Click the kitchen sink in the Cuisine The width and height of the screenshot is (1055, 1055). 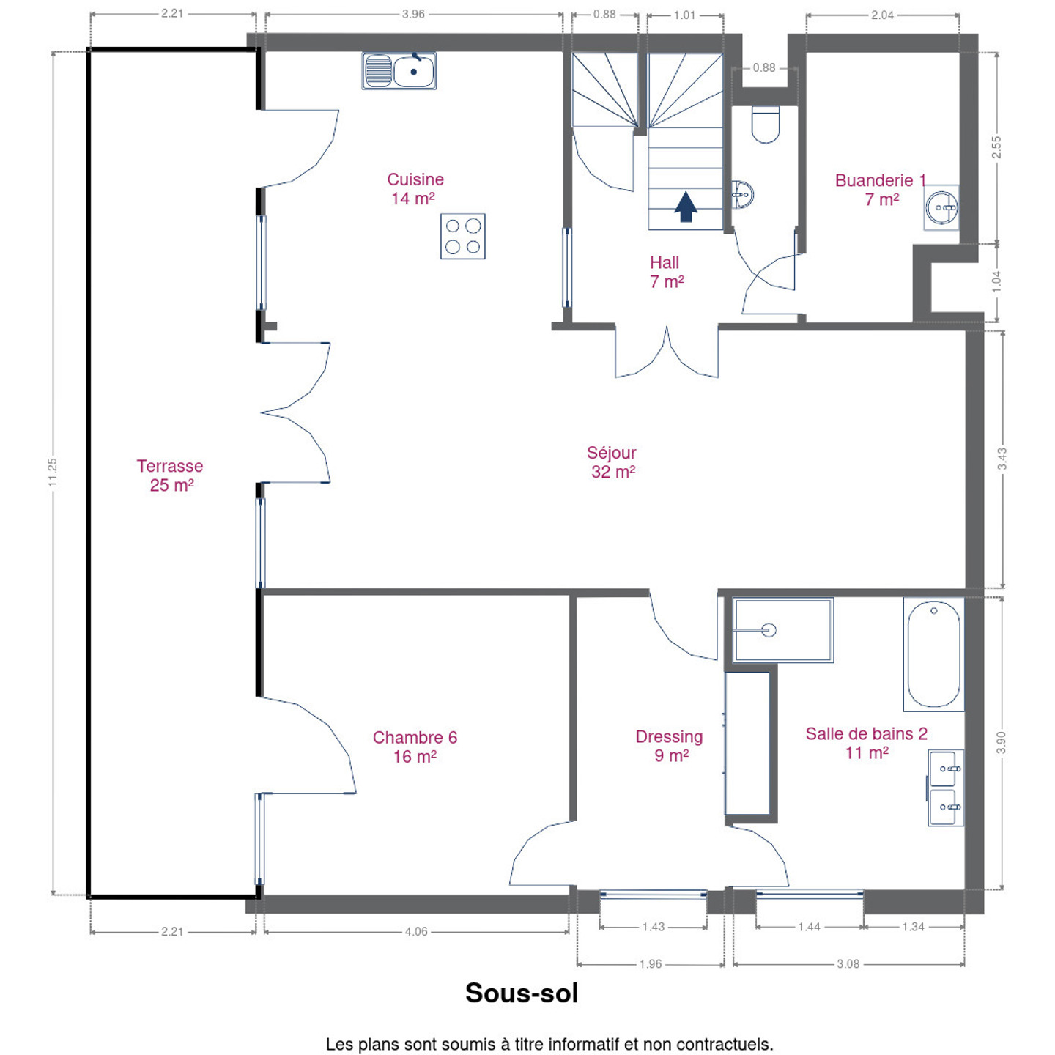click(x=399, y=70)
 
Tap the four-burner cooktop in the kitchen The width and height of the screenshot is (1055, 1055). click(x=462, y=236)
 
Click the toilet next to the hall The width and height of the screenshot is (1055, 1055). click(x=766, y=125)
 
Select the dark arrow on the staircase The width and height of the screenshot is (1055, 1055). click(x=686, y=207)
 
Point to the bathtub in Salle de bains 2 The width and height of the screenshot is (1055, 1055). click(x=933, y=654)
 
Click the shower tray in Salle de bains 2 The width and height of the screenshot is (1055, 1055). click(x=783, y=630)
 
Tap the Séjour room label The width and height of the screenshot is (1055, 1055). click(x=612, y=462)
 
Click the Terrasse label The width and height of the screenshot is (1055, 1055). click(x=170, y=475)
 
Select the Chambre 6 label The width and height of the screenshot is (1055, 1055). click(x=415, y=747)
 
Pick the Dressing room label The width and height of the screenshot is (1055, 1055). click(x=669, y=746)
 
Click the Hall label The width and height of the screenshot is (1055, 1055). click(x=666, y=272)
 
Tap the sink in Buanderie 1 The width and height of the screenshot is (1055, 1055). click(x=941, y=207)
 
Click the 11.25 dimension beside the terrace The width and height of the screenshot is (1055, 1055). click(x=53, y=472)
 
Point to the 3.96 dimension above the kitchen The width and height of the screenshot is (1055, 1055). click(x=413, y=14)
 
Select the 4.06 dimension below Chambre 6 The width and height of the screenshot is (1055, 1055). click(x=416, y=932)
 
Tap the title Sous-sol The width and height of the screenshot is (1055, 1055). click(x=522, y=993)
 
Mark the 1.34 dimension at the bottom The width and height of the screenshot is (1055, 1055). click(x=913, y=927)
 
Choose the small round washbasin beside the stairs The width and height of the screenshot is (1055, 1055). click(x=743, y=194)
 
